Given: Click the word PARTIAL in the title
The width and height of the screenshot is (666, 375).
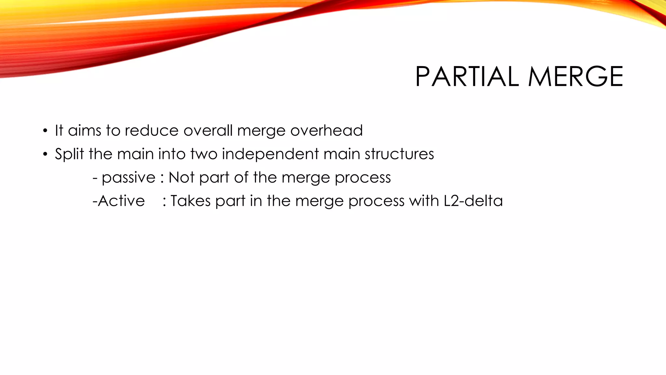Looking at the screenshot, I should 467,77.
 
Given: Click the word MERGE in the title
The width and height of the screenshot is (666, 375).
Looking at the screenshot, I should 576,77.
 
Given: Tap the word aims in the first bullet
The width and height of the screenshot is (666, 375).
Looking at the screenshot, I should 85,131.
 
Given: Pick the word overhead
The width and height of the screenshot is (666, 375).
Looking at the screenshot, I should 326,131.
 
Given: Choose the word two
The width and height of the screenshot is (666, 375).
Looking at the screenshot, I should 204,154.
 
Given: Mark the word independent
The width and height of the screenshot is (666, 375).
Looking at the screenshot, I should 270,154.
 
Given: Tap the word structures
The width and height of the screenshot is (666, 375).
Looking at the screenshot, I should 399,154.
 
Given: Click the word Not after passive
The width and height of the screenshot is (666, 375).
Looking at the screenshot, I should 181,177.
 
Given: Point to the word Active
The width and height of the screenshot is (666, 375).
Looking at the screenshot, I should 121,201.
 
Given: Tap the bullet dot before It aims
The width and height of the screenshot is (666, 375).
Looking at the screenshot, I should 45,132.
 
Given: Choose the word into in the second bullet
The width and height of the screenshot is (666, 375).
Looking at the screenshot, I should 172,154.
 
